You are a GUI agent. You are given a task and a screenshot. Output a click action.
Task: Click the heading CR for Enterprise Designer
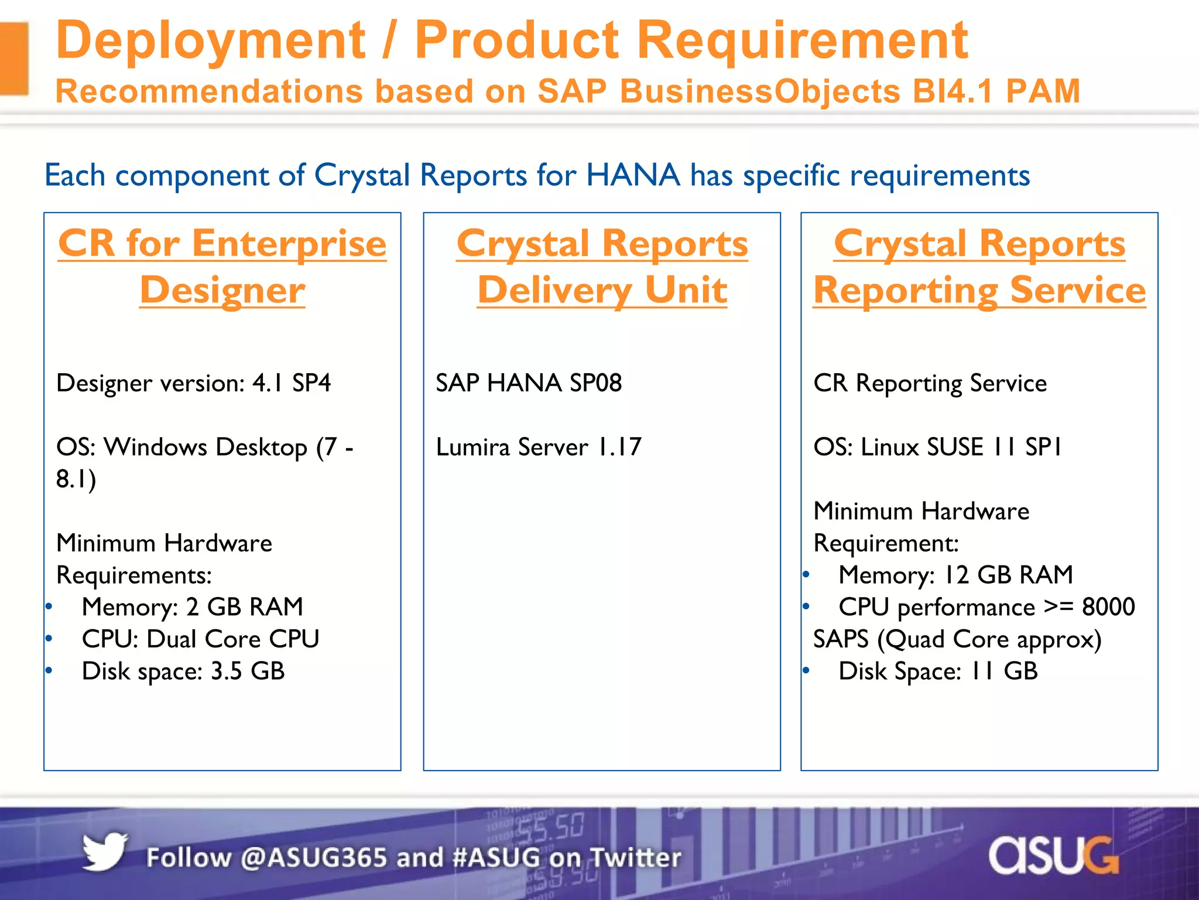(222, 267)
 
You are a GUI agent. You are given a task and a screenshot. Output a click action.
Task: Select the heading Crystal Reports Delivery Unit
(602, 267)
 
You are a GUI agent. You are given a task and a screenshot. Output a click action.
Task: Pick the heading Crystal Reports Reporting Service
(979, 267)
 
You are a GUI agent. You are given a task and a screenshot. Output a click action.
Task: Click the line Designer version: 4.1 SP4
(193, 383)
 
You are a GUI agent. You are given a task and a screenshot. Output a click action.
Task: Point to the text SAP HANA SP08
(528, 383)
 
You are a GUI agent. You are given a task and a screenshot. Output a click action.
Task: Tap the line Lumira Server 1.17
(539, 447)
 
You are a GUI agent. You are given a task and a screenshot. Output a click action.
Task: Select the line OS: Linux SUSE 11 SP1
(937, 447)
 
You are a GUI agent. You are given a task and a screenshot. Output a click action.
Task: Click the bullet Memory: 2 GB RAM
(192, 607)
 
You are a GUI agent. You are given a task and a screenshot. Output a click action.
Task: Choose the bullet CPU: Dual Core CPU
(200, 639)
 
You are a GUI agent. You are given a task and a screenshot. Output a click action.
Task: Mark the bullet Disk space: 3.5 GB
(183, 671)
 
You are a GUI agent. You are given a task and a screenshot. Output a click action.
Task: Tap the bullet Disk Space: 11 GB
(938, 671)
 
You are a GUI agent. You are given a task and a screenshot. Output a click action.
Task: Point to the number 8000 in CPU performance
(1108, 607)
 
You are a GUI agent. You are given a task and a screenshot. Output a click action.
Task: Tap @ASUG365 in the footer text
(313, 858)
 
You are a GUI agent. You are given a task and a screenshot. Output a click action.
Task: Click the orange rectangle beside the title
(14, 59)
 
